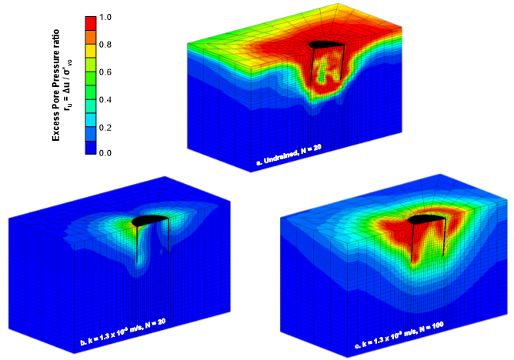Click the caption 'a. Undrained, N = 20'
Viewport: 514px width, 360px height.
pos(289,161)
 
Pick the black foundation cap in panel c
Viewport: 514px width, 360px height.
pos(422,220)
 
